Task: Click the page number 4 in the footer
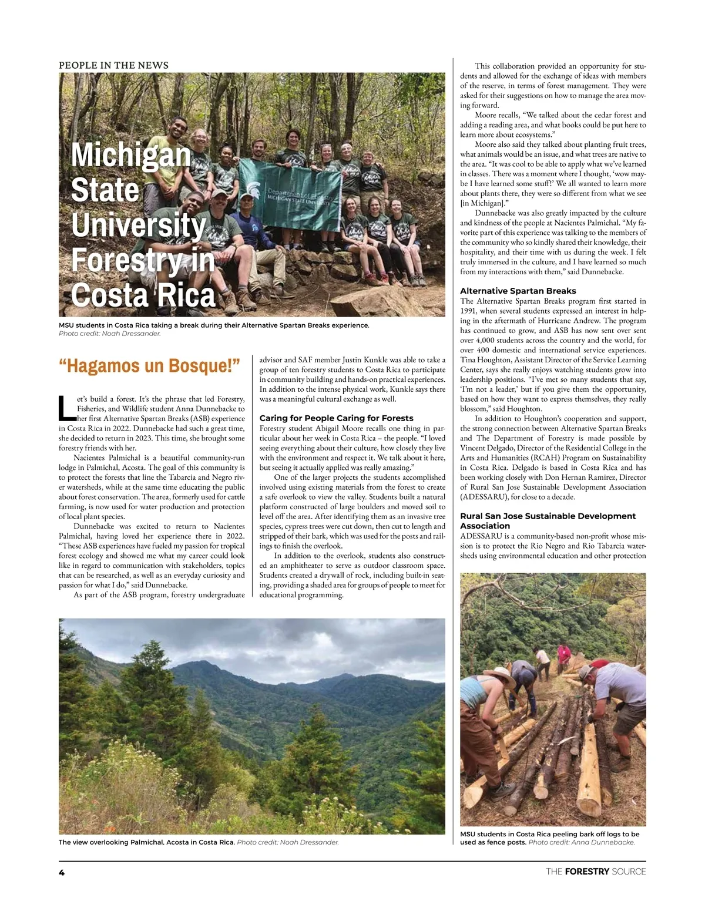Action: pyautogui.click(x=62, y=873)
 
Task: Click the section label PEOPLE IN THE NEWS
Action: pyautogui.click(x=113, y=65)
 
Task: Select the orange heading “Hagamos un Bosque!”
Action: pyautogui.click(x=150, y=366)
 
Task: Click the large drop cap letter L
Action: pyautogui.click(x=67, y=409)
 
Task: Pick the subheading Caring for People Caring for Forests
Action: pyautogui.click(x=336, y=418)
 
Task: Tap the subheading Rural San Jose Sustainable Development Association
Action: pyautogui.click(x=548, y=520)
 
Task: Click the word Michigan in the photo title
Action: pyautogui.click(x=131, y=155)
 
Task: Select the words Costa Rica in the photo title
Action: pyautogui.click(x=143, y=295)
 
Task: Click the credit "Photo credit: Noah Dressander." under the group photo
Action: pyautogui.click(x=110, y=334)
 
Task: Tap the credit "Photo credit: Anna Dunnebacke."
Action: pyautogui.click(x=582, y=842)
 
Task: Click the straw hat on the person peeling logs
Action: pyautogui.click(x=499, y=674)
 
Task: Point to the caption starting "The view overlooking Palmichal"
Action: pyautogui.click(x=147, y=842)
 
